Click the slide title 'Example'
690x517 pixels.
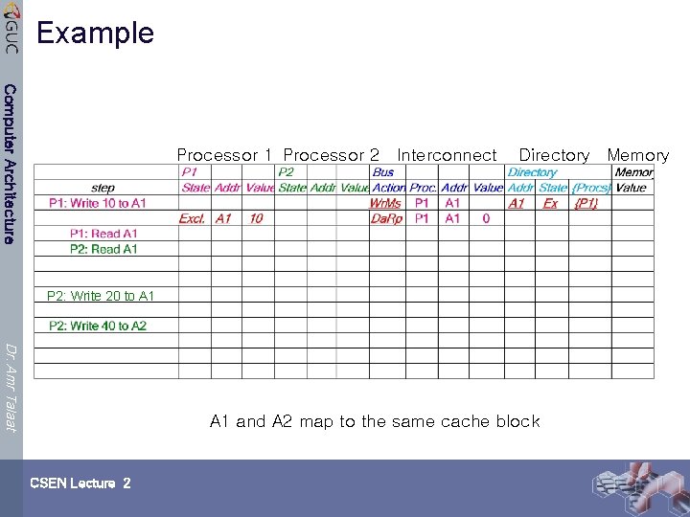pyautogui.click(x=95, y=33)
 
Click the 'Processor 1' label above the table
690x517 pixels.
pyautogui.click(x=225, y=155)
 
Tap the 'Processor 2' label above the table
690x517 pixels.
pyautogui.click(x=332, y=155)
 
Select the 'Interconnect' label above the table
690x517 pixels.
pyautogui.click(x=448, y=155)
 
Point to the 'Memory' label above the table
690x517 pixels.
pyautogui.click(x=637, y=155)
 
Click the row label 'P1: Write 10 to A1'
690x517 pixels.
pyautogui.click(x=98, y=203)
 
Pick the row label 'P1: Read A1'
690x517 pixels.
pyautogui.click(x=103, y=234)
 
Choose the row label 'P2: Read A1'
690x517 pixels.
pyautogui.click(x=103, y=249)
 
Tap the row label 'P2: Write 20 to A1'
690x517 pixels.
pyautogui.click(x=101, y=296)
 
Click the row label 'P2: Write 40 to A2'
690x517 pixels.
pyautogui.click(x=98, y=326)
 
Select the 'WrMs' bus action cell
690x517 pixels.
pyautogui.click(x=386, y=203)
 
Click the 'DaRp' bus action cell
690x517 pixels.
pyautogui.click(x=386, y=218)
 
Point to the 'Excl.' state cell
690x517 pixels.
pyautogui.click(x=192, y=218)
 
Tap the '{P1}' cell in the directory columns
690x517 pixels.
pyautogui.click(x=586, y=203)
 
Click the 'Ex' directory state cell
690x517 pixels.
pyautogui.click(x=550, y=203)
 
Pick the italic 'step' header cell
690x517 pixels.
pyautogui.click(x=103, y=188)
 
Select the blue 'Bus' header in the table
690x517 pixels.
pyautogui.click(x=382, y=172)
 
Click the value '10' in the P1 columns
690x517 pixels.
pyautogui.click(x=256, y=218)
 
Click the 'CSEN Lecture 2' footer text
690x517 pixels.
pyautogui.click(x=80, y=483)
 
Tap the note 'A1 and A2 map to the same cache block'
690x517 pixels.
pyautogui.click(x=375, y=421)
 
